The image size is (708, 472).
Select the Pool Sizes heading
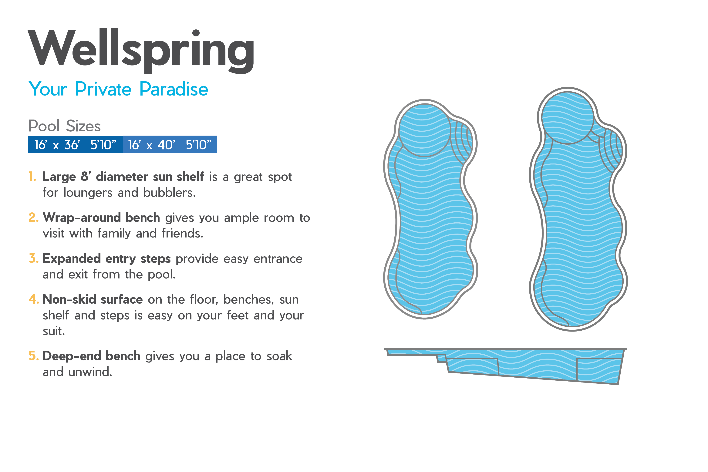(x=64, y=126)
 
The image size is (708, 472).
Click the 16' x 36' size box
(x=75, y=144)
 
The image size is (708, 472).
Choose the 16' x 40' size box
(x=170, y=144)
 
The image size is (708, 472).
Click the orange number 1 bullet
(x=32, y=176)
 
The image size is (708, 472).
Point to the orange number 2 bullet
(x=33, y=217)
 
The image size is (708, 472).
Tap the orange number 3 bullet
(x=33, y=258)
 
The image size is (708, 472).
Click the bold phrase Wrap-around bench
(x=101, y=217)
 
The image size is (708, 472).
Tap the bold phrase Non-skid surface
(x=93, y=299)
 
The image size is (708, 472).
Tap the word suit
(x=54, y=331)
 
